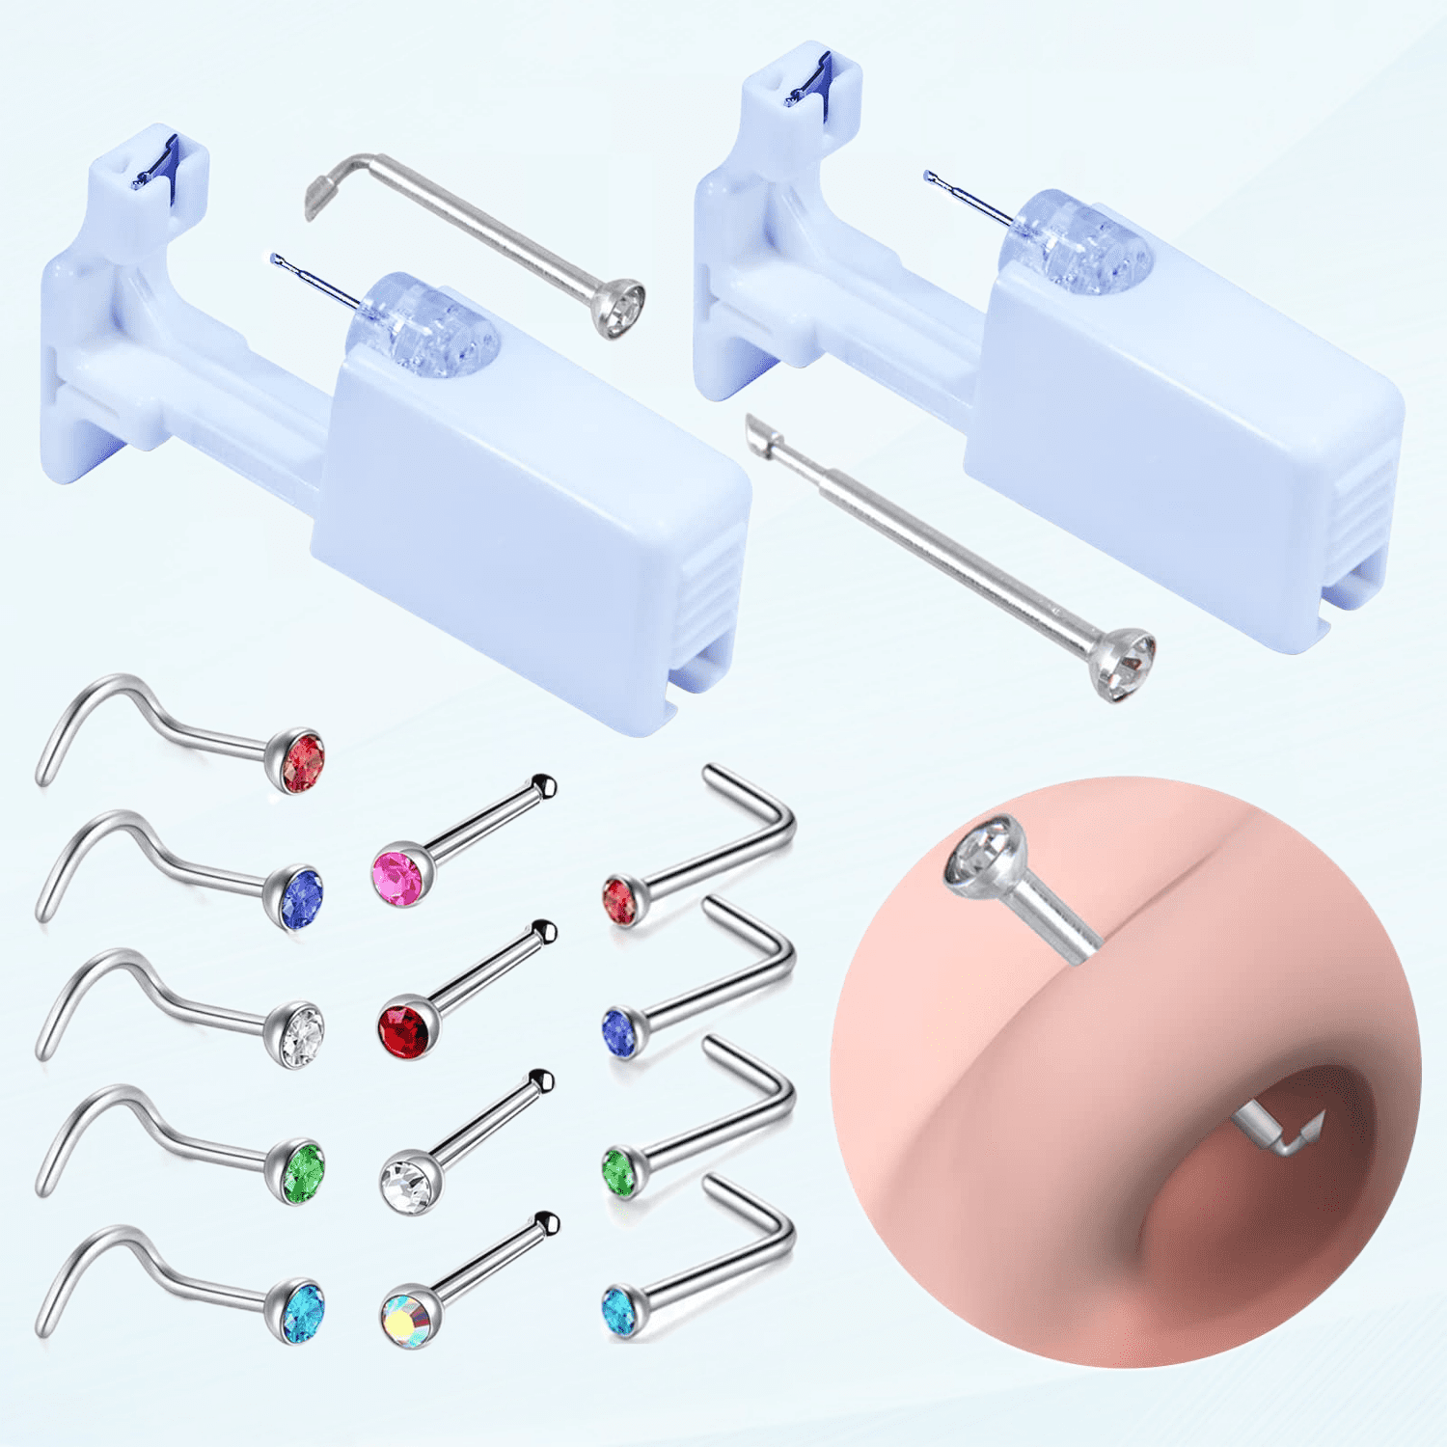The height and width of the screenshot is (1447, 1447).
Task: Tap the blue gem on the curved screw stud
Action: coord(301,898)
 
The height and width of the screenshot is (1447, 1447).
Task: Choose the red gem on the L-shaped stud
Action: coord(620,899)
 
